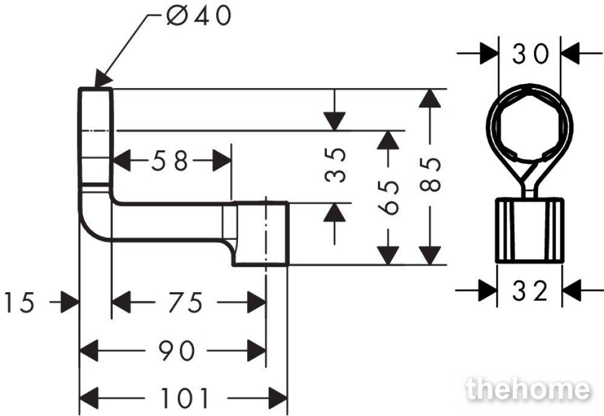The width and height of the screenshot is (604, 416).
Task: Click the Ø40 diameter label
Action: [199, 16]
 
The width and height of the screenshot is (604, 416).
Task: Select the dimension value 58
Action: [170, 161]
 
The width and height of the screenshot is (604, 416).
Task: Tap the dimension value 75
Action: [185, 302]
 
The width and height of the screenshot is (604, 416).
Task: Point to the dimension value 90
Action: [177, 351]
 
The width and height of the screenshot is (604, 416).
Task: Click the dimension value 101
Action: [184, 398]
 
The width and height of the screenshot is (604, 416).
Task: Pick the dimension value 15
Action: [19, 302]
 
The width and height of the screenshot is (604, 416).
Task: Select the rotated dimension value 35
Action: [335, 165]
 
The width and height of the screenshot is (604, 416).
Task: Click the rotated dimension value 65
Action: [388, 197]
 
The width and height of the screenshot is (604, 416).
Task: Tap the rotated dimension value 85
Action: [430, 174]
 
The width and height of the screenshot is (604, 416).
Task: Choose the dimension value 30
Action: [530, 54]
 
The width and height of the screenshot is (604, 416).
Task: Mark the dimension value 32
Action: [530, 291]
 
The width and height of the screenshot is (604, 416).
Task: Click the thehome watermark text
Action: [528, 389]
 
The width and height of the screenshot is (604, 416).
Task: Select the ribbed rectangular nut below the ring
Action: [530, 231]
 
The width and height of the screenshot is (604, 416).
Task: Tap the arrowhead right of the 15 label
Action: [69, 302]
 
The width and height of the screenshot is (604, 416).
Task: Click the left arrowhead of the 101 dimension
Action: [88, 398]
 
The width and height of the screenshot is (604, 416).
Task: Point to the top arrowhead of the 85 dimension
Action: [430, 98]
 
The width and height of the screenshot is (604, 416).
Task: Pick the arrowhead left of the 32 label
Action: [487, 291]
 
